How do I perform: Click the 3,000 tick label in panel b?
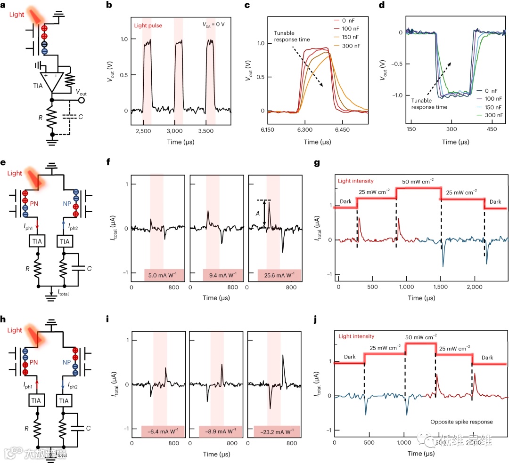(x=175, y=129)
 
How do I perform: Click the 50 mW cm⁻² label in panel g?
(x=419, y=182)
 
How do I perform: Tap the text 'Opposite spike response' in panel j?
(x=461, y=422)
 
